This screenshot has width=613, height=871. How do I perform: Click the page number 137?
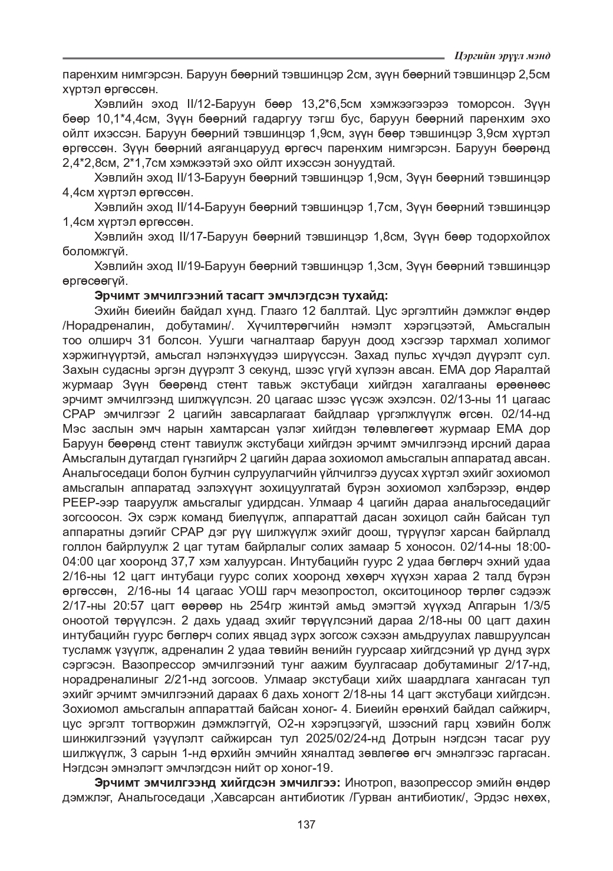point(306,824)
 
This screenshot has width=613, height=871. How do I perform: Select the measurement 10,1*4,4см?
point(116,119)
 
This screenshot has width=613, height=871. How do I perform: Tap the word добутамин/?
point(199,326)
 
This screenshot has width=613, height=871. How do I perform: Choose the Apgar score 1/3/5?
point(530,620)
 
